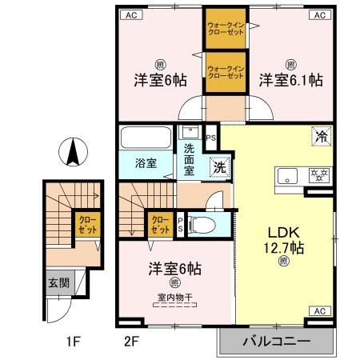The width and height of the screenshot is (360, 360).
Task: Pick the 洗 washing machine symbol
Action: [218, 169]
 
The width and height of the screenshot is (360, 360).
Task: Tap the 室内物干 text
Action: [174, 300]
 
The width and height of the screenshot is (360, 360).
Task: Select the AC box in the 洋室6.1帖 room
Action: [318, 15]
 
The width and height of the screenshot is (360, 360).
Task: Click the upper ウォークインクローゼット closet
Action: [226, 28]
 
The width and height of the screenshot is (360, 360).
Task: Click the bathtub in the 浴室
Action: [145, 138]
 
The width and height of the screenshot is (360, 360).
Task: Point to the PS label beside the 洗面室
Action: [211, 138]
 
